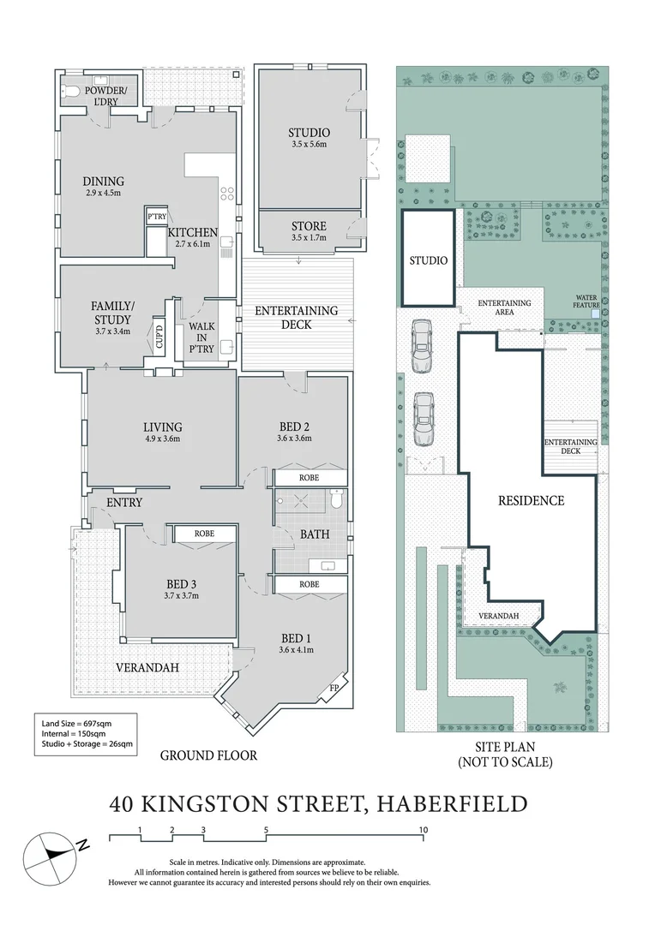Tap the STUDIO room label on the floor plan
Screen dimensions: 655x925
pyautogui.click(x=309, y=133)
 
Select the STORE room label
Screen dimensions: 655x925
pyautogui.click(x=309, y=226)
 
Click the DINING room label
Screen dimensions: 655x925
pyautogui.click(x=103, y=182)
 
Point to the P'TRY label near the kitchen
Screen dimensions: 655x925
pyautogui.click(x=156, y=217)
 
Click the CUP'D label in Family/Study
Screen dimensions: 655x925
pyautogui.click(x=159, y=334)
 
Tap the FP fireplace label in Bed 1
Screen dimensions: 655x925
pyautogui.click(x=334, y=689)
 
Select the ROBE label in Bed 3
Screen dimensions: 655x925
pyautogui.click(x=204, y=534)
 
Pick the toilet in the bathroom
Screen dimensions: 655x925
pyautogui.click(x=337, y=498)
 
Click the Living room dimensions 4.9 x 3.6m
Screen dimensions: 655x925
pyautogui.click(x=162, y=439)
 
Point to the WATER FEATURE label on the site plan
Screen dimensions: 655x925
pyautogui.click(x=588, y=301)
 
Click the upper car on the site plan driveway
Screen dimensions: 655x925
pyautogui.click(x=421, y=346)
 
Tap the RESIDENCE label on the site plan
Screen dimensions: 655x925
pyautogui.click(x=531, y=500)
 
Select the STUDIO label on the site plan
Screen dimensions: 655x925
pyautogui.click(x=428, y=261)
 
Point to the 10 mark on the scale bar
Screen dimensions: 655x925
pyautogui.click(x=423, y=829)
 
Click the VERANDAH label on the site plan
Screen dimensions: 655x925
pyautogui.click(x=497, y=616)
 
